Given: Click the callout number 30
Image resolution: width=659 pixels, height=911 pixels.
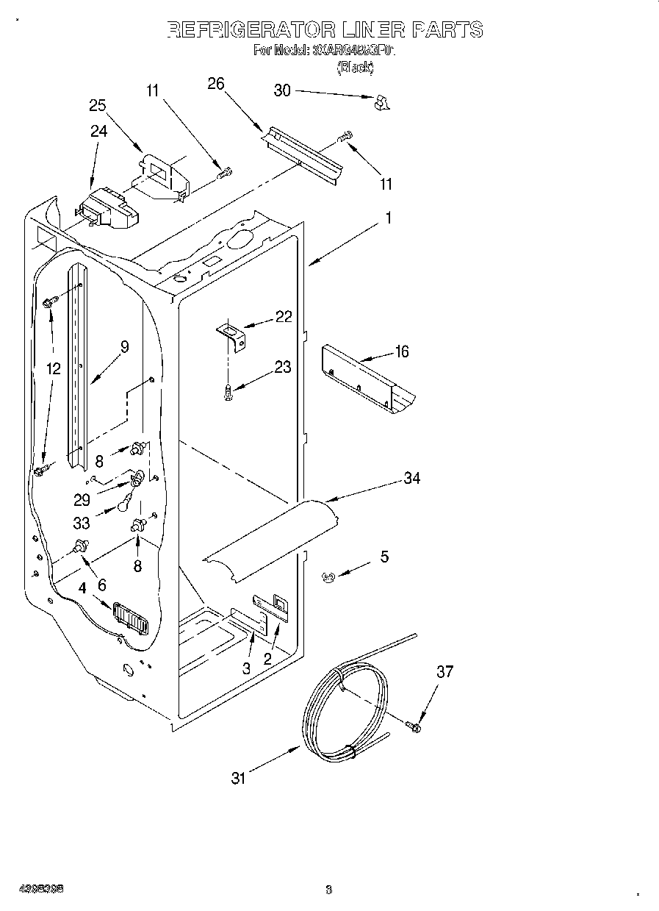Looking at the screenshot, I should pyautogui.click(x=282, y=90).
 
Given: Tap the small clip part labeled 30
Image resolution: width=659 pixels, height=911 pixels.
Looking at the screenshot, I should pyautogui.click(x=380, y=103).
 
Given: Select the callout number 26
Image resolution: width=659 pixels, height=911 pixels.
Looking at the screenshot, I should pyautogui.click(x=215, y=84).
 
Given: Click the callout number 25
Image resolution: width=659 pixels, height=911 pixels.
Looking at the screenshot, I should pyautogui.click(x=98, y=105).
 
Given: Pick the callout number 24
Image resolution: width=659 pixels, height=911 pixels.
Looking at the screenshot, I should pyautogui.click(x=98, y=131).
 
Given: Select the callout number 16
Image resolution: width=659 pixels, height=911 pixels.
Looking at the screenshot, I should pyautogui.click(x=401, y=351).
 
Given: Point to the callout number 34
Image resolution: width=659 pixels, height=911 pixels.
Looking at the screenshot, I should pyautogui.click(x=412, y=478).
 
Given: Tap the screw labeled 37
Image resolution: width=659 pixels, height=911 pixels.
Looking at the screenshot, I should pyautogui.click(x=413, y=727).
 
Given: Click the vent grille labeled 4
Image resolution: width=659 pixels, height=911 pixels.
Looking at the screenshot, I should pyautogui.click(x=130, y=618).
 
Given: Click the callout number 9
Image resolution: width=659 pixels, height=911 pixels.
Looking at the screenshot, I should pyautogui.click(x=124, y=347).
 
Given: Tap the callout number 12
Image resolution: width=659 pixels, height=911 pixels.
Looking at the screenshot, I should pyautogui.click(x=52, y=368).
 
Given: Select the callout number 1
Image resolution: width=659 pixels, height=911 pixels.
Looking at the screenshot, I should pyautogui.click(x=389, y=218).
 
